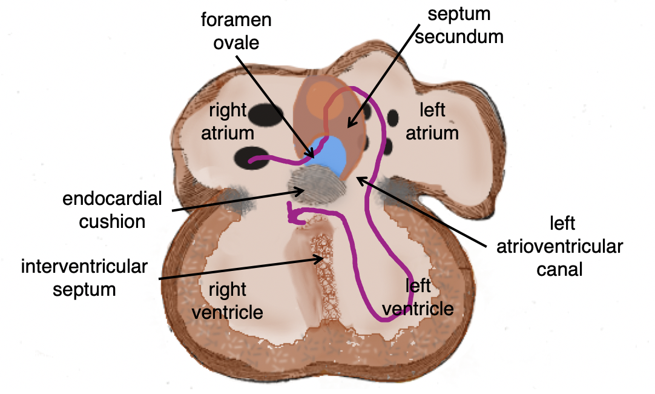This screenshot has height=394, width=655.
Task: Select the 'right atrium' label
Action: pyautogui.click(x=228, y=121)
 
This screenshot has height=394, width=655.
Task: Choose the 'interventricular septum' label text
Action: pyautogui.click(x=84, y=278)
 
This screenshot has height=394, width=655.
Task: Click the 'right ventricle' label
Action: pyautogui.click(x=228, y=301)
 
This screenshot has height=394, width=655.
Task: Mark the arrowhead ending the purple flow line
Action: pyautogui.click(x=291, y=213)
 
